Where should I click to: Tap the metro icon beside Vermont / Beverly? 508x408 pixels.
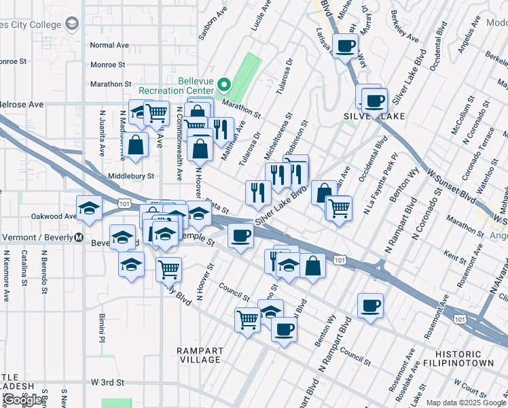(x=78, y=239)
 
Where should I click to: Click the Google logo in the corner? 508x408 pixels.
(x=22, y=400)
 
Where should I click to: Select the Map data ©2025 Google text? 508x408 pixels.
(x=465, y=403)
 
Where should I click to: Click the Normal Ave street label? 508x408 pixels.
(x=109, y=45)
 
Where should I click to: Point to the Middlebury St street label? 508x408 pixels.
(x=131, y=175)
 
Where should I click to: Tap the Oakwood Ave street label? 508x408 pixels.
(x=54, y=216)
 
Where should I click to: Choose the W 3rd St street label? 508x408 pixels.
(x=108, y=383)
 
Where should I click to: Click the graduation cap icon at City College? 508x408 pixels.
(x=71, y=25)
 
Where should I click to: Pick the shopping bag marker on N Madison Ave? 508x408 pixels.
(x=137, y=144)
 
